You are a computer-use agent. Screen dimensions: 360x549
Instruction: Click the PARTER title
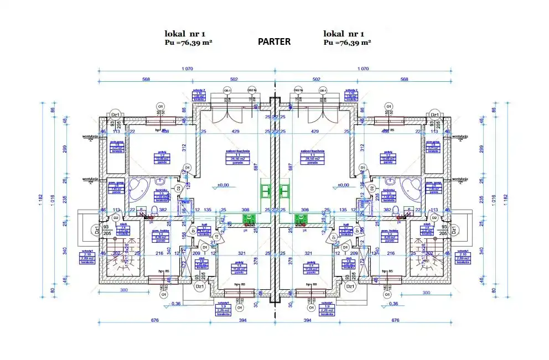pos(274,41)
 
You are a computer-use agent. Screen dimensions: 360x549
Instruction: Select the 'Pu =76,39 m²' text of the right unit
pos(347,42)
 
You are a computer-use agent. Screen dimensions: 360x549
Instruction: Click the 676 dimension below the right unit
pos(396,322)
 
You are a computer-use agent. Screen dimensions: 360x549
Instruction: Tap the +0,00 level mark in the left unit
pos(224,185)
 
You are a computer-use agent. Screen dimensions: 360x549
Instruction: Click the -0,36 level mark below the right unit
pos(393,304)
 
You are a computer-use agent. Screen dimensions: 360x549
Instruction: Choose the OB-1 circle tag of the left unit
pos(227,90)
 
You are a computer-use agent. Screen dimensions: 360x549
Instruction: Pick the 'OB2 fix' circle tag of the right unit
pos(298,90)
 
